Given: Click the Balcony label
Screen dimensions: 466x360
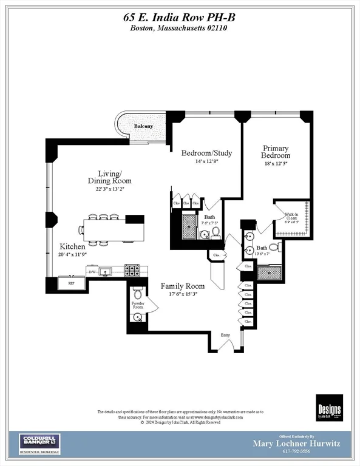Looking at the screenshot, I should [144, 126].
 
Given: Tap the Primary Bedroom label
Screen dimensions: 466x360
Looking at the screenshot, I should [276, 152].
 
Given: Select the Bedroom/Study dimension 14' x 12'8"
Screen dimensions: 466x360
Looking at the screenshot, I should [206, 161].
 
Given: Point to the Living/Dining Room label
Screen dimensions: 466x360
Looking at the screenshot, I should [109, 177].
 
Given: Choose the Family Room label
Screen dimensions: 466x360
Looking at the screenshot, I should [182, 286].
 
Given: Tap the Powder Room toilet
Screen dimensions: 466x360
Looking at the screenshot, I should [138, 294].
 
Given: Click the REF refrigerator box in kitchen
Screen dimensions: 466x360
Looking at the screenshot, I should [70, 283].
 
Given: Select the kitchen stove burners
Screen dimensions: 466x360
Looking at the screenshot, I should [133, 269].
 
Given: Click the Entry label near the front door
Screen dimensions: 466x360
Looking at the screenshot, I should [225, 335].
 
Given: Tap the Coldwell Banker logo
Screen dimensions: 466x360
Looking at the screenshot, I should [40, 444].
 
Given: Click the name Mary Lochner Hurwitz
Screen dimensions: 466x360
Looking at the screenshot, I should [296, 444].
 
